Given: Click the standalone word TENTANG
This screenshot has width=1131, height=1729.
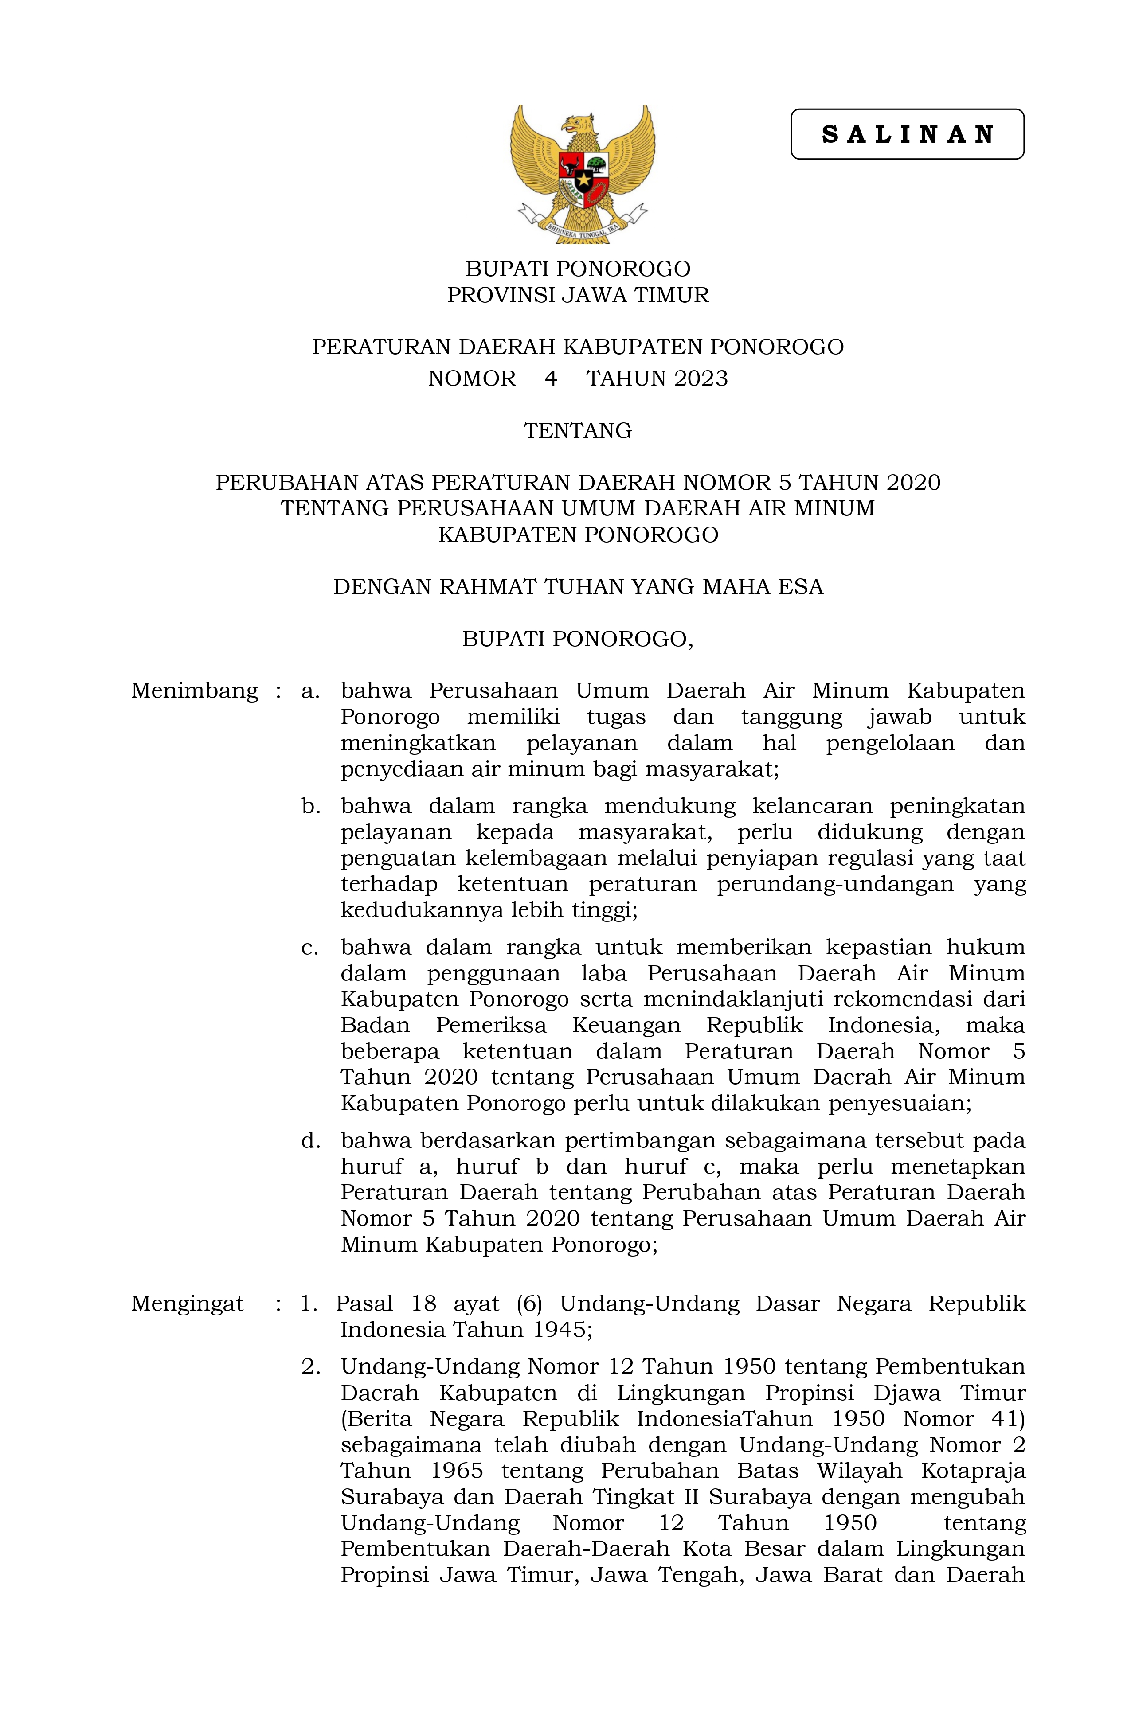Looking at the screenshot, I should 578,431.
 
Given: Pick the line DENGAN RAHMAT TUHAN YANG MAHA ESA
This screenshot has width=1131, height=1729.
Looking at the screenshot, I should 578,586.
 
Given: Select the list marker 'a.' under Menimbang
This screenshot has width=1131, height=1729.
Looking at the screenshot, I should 310,691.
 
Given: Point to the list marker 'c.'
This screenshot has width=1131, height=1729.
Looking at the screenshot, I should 310,947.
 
